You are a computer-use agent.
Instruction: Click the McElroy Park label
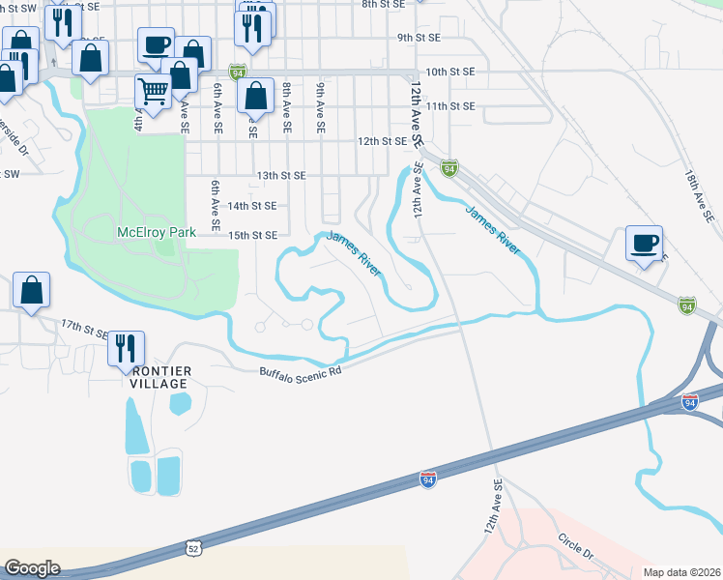click(x=156, y=232)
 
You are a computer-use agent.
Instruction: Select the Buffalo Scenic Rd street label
click(x=301, y=371)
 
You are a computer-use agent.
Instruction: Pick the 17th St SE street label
click(x=85, y=327)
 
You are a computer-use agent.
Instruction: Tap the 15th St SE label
click(x=252, y=235)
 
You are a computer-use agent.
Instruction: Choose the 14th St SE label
click(x=251, y=206)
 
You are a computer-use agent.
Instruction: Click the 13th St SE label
click(x=281, y=176)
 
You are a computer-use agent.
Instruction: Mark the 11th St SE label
click(x=449, y=106)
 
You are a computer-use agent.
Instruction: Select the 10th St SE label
click(x=449, y=72)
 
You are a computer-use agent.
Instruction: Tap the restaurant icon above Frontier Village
click(x=126, y=347)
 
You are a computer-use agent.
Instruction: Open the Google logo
click(x=32, y=568)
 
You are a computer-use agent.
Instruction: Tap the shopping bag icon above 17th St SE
click(x=31, y=289)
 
